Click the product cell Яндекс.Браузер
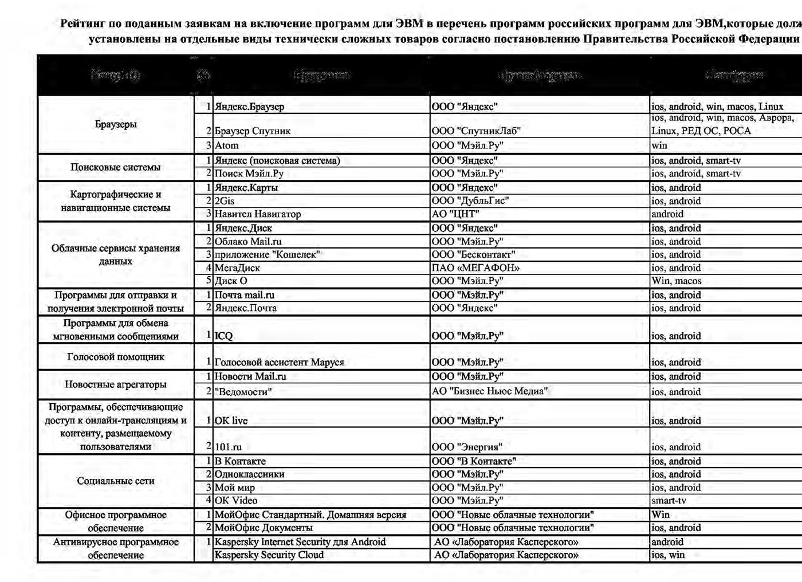pyautogui.click(x=249, y=107)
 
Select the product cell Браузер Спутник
pyautogui.click(x=253, y=131)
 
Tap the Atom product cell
pyautogui.click(x=227, y=145)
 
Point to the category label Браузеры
pyautogui.click(x=116, y=124)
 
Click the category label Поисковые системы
pyautogui.click(x=116, y=167)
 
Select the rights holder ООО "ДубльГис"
pyautogui.click(x=470, y=201)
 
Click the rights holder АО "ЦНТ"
pyautogui.click(x=455, y=214)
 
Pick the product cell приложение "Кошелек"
pyautogui.click(x=267, y=255)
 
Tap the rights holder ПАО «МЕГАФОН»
pyautogui.click(x=475, y=268)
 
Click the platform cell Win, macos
pyautogui.click(x=676, y=281)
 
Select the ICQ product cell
pyautogui.click(x=224, y=336)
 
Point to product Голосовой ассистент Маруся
pyautogui.click(x=279, y=363)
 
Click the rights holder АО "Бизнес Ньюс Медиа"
pyautogui.click(x=489, y=392)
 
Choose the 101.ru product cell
pyautogui.click(x=228, y=447)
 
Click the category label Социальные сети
pyautogui.click(x=116, y=481)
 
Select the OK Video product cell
pyautogui.click(x=236, y=501)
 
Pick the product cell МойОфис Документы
pyautogui.click(x=264, y=528)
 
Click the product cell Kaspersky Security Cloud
pyautogui.click(x=269, y=555)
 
